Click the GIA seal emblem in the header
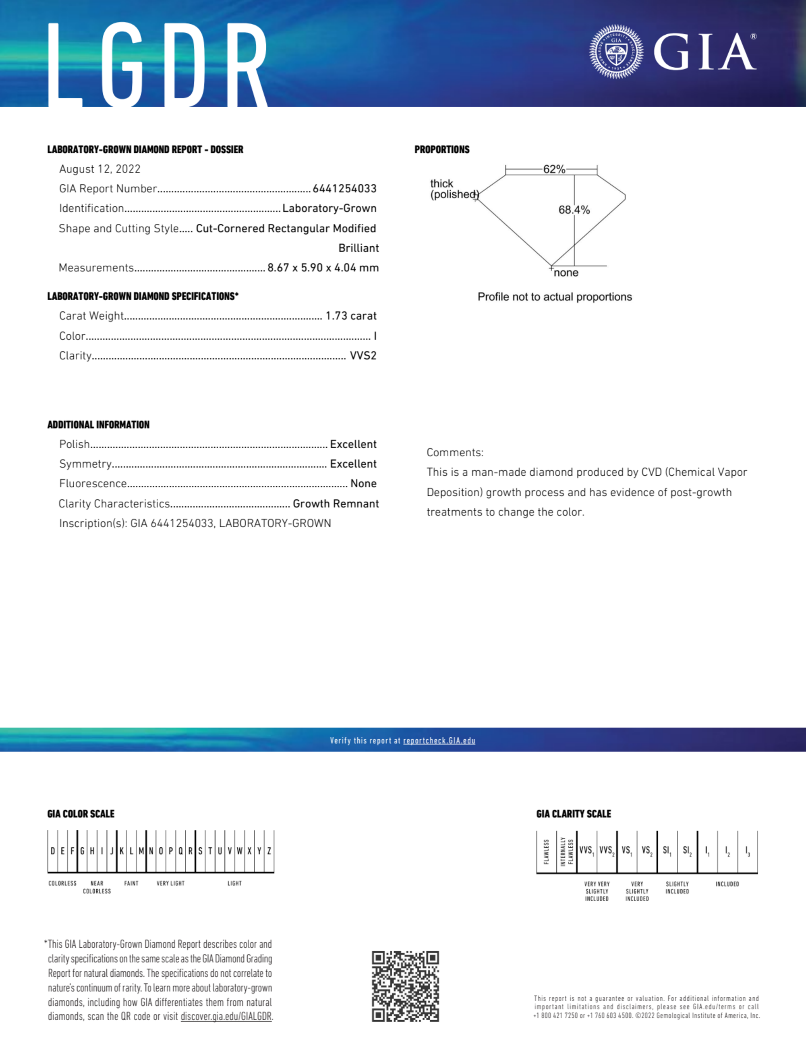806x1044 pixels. point(616,51)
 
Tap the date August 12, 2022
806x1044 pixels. point(100,169)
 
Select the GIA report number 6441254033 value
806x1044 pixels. point(344,189)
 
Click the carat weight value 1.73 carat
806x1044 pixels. point(351,316)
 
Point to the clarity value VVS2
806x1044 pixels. point(363,356)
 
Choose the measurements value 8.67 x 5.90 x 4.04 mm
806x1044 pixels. point(323,268)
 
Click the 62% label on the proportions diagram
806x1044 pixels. point(554,169)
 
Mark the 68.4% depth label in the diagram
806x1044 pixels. point(574,210)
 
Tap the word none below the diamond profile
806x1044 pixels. point(566,273)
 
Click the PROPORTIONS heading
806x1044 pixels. point(442,150)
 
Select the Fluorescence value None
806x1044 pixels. point(364,484)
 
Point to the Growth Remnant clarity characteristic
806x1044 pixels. point(336,504)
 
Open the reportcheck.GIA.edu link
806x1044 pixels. point(439,740)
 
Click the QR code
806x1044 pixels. point(405,986)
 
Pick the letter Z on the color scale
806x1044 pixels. point(269,851)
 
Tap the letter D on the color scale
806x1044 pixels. point(52,851)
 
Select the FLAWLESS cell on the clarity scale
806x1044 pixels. point(547,852)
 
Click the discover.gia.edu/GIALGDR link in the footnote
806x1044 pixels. point(226,1016)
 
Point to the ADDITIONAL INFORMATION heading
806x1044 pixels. point(98,425)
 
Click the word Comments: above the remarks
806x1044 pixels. point(455,453)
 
